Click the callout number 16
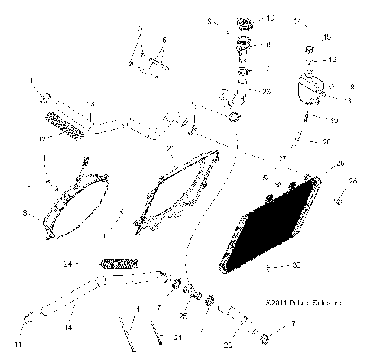tap(333, 58)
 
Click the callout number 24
tap(68, 264)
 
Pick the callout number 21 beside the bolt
tap(178, 338)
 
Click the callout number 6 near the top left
tap(164, 40)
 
